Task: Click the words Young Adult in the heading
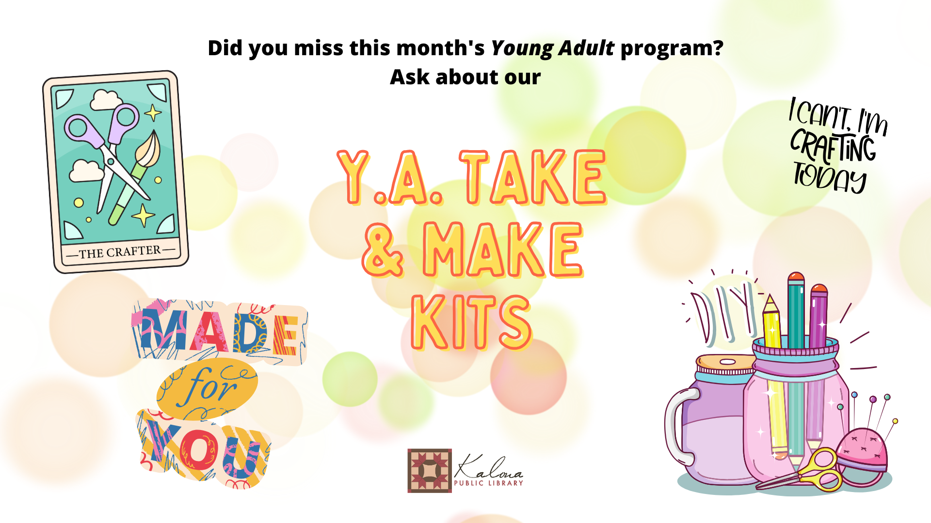(x=553, y=48)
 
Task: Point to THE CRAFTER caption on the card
(x=120, y=252)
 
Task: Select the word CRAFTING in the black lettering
(x=833, y=145)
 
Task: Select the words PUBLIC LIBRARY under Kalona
(x=488, y=483)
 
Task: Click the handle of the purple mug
(x=676, y=426)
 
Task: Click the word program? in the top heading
(x=672, y=48)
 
